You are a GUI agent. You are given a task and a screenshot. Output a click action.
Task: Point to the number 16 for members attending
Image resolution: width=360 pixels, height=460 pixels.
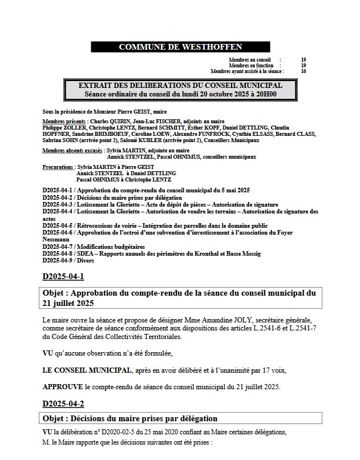click(x=303, y=71)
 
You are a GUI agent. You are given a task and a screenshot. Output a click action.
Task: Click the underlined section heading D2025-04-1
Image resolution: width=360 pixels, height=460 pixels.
click(x=63, y=277)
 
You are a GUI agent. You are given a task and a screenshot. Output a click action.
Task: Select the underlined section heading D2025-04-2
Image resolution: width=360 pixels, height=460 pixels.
click(x=63, y=404)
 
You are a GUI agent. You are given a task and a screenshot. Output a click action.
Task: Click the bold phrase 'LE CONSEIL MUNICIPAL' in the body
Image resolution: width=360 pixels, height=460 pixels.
click(x=86, y=370)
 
